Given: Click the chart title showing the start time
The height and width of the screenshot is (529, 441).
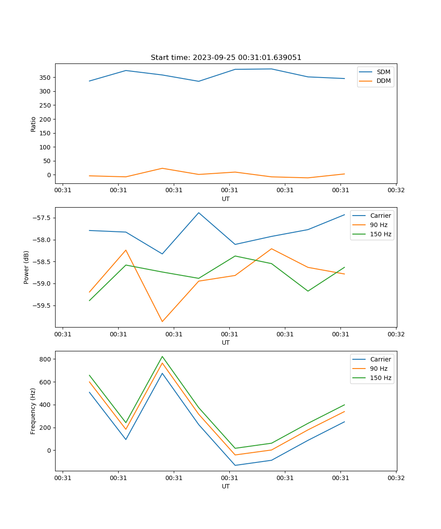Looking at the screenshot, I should pos(226,57).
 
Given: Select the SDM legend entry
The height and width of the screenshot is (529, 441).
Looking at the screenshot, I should pos(383,72).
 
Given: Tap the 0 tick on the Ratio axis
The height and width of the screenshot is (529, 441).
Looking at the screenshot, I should pos(49,175).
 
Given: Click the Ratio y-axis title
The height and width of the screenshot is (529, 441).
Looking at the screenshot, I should pos(33,123).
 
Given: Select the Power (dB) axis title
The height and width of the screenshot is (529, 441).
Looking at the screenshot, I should pos(26,267).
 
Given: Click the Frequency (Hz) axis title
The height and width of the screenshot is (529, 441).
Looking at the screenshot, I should pos(33,411).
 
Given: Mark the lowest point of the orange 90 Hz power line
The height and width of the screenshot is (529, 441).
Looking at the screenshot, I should pos(162,321).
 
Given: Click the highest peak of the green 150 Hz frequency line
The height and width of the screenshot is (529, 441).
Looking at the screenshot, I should pos(162,356).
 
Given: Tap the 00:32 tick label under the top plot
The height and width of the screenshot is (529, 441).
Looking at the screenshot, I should pos(396,190).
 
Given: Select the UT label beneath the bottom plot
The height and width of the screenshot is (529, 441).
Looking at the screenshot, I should pos(226,486).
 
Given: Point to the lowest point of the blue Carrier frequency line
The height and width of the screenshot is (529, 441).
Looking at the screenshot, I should pos(235,465).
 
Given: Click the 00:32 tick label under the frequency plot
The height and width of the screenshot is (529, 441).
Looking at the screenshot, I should pos(396,478).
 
